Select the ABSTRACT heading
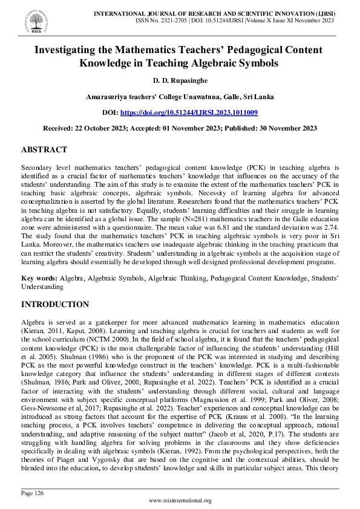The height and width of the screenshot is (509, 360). point(44,149)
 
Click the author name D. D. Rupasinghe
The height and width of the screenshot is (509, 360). point(180,80)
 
